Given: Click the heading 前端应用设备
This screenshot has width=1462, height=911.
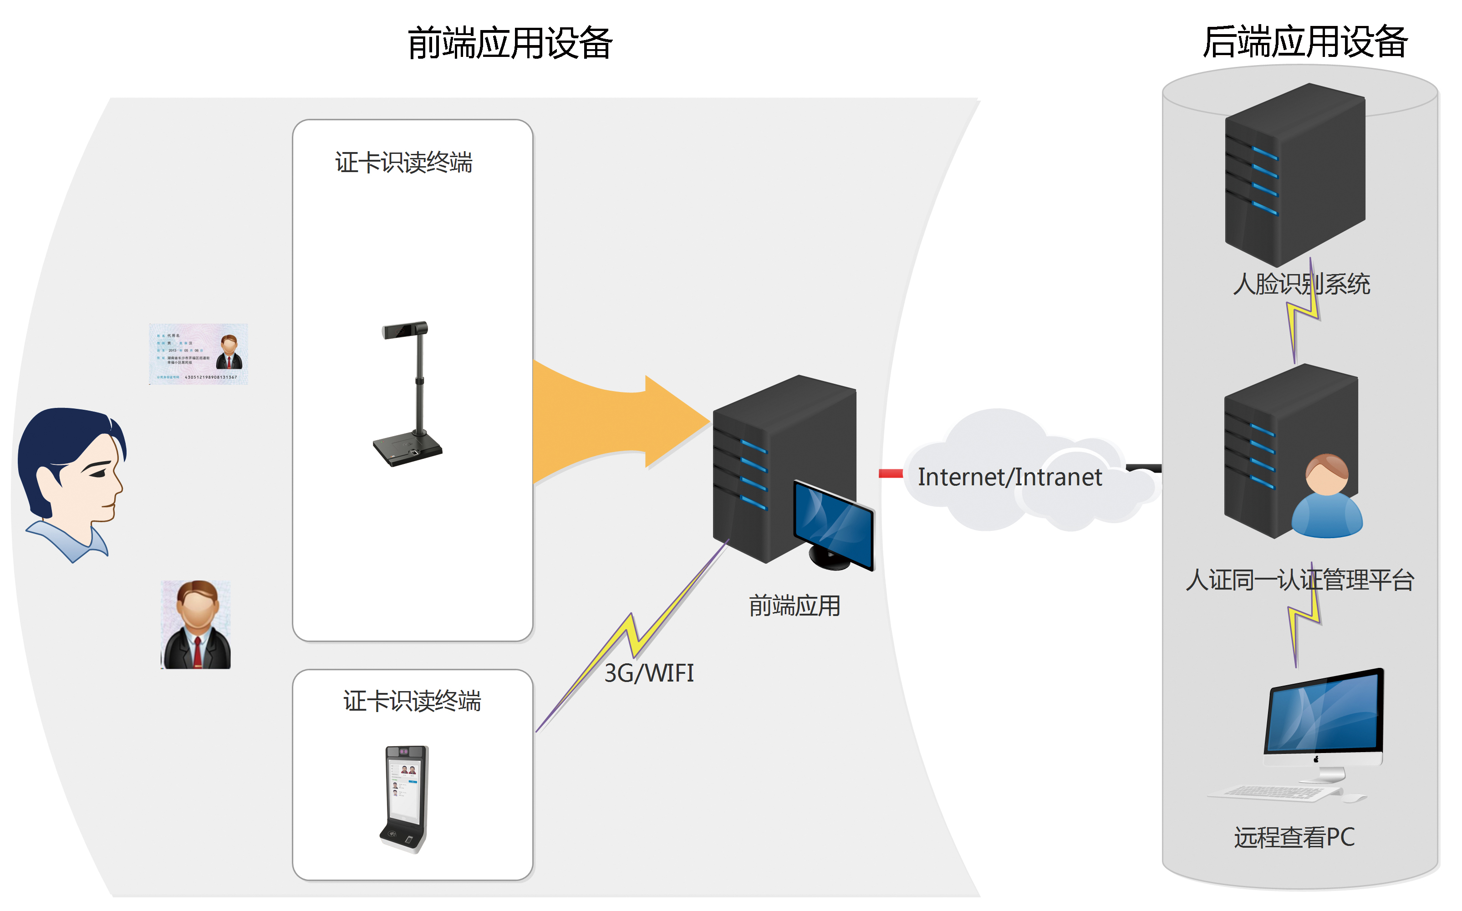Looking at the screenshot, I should coord(509,43).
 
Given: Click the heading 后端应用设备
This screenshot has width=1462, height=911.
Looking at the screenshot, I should coord(1305,42).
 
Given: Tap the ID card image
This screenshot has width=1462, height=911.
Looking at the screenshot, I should coord(198,354).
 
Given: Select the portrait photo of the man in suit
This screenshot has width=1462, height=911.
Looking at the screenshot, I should coord(196,625).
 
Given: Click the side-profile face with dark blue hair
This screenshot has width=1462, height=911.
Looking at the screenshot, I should coord(72,482).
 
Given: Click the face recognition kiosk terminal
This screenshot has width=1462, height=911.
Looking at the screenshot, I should coord(405,799).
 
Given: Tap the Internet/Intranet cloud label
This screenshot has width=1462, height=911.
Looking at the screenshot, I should coord(1009,477).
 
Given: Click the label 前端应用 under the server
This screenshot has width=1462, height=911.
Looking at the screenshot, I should coord(794,606).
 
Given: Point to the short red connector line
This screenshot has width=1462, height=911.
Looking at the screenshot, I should coord(890,473).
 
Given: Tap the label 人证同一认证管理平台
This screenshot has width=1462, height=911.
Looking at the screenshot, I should coord(1300,580).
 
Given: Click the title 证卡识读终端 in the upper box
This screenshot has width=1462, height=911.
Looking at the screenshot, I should coord(403,163).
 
